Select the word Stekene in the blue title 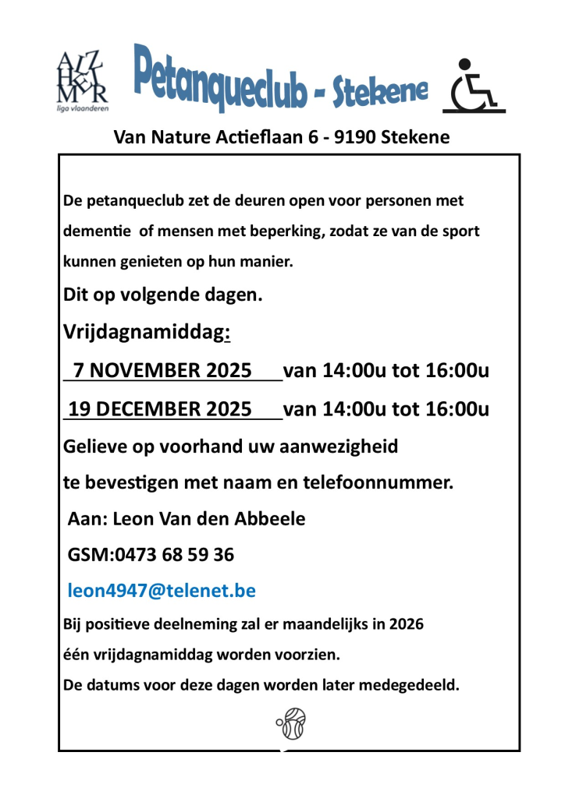pos(380,93)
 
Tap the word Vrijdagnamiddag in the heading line pos(144,333)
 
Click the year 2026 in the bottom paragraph pos(406,624)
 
